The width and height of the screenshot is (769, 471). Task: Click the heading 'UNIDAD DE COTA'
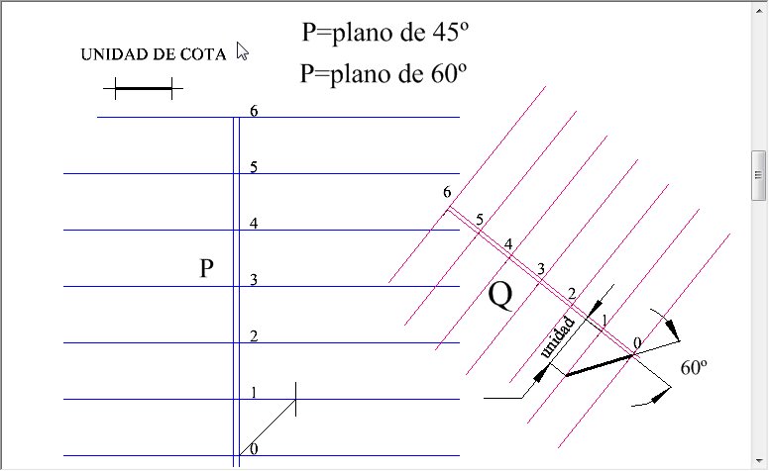click(153, 54)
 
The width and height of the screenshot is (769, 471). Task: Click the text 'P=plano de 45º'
click(384, 33)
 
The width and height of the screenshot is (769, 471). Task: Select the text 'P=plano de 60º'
click(384, 74)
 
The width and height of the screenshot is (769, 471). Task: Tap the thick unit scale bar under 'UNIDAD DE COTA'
click(144, 89)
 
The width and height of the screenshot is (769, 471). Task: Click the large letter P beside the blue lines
click(206, 268)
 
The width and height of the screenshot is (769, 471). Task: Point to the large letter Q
click(500, 296)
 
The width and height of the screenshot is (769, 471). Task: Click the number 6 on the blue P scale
click(254, 111)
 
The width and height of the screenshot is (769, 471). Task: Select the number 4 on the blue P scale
click(254, 224)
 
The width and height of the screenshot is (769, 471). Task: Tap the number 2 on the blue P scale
click(254, 336)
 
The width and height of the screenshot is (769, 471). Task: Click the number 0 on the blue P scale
click(254, 449)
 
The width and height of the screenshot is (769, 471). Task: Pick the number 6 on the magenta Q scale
click(447, 192)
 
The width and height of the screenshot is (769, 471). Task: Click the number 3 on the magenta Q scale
click(540, 269)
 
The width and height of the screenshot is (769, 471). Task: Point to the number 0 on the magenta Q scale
click(636, 343)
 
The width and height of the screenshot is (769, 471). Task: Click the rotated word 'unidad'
click(557, 337)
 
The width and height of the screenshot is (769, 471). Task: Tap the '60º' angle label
click(694, 368)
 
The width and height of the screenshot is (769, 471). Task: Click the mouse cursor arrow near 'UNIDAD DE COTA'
click(242, 50)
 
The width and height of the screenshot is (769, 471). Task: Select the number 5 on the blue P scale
click(254, 167)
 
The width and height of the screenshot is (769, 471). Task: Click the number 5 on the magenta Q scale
click(480, 220)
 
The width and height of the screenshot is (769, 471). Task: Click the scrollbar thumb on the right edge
click(758, 175)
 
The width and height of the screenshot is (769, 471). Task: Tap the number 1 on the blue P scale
click(254, 393)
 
